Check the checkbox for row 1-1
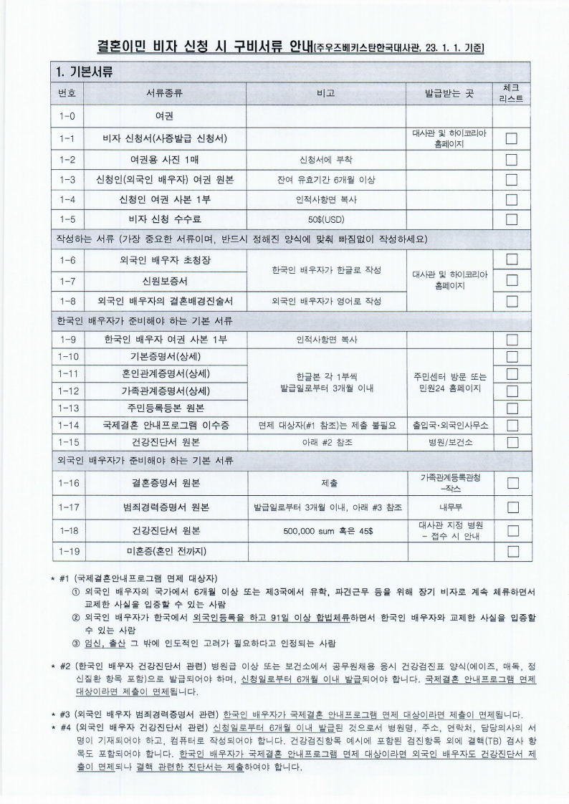(x=512, y=138)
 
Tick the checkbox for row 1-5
(x=512, y=219)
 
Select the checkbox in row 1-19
(x=512, y=551)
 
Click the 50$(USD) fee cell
(x=325, y=219)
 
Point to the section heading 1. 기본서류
(x=85, y=72)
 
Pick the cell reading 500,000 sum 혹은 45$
(x=325, y=531)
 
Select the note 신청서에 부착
(x=325, y=159)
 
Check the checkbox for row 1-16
(x=512, y=483)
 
